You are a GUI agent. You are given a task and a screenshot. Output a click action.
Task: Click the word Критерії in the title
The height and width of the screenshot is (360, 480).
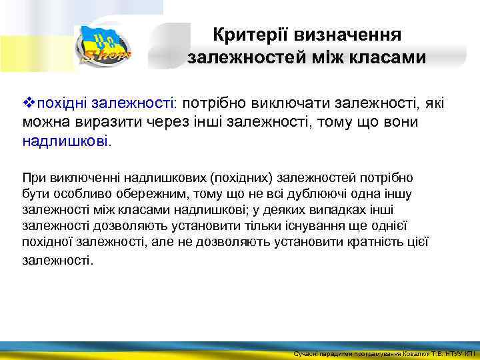245,34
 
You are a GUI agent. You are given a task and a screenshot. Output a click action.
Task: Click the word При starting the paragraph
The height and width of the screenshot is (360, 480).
32,177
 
